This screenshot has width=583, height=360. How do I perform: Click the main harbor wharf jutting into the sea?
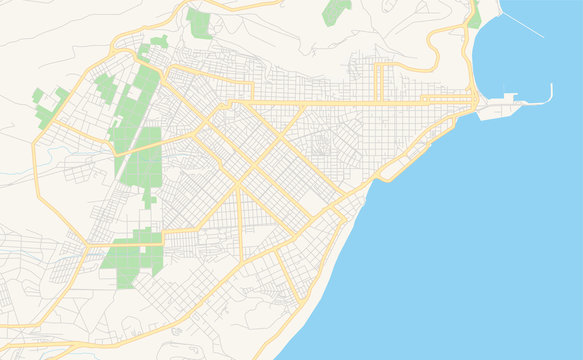tap(495, 111)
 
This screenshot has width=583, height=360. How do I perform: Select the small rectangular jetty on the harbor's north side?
tap(510, 97)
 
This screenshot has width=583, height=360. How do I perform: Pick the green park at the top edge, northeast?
tap(336, 12)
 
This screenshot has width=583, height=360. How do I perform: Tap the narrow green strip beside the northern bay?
tap(475, 15)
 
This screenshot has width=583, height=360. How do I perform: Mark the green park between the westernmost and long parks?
tap(105, 88)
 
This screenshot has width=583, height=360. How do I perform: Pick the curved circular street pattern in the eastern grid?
tap(321, 150)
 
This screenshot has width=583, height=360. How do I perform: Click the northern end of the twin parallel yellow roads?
tap(380, 67)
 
